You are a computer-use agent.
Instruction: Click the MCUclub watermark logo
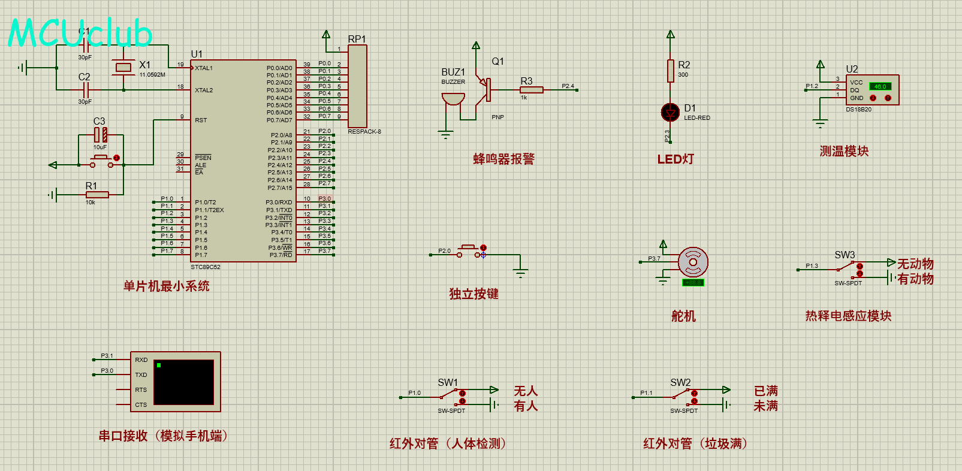[80, 32]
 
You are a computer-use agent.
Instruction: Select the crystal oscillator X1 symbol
[123, 68]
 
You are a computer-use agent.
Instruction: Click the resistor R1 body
[97, 194]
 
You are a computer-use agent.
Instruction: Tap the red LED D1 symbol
[670, 112]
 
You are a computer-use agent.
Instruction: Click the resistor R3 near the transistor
[532, 90]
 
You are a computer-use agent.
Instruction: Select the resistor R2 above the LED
[671, 71]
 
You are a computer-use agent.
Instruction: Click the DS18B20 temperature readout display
[880, 86]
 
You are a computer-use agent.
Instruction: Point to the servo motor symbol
[693, 262]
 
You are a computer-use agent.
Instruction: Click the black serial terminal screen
[184, 382]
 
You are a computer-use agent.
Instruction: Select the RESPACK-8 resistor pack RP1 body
[357, 85]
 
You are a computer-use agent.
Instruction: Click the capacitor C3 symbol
[101, 135]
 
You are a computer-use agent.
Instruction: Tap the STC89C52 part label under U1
[206, 267]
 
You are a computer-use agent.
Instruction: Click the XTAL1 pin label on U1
[204, 68]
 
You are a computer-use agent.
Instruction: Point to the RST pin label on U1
[201, 120]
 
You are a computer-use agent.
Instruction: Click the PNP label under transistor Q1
[497, 117]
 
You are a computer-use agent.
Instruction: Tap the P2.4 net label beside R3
[568, 86]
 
